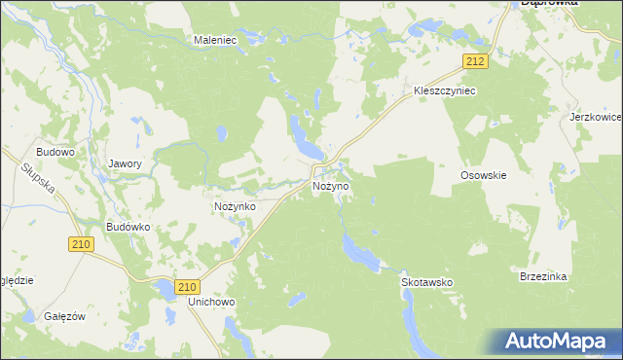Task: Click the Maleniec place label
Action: (x=216, y=40)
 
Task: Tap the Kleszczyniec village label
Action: (x=444, y=90)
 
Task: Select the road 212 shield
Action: (x=474, y=61)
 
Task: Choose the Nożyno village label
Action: (x=330, y=185)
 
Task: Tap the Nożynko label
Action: (x=235, y=207)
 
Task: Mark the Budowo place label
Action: (x=55, y=153)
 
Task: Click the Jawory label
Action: (x=126, y=164)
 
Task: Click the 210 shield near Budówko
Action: (x=81, y=245)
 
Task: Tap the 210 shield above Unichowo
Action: (x=189, y=286)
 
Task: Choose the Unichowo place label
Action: (x=212, y=303)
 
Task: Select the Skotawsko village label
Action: (x=427, y=282)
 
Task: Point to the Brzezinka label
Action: (x=543, y=276)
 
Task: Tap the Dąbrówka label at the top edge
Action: (x=550, y=4)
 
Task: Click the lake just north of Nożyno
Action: (x=304, y=137)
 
